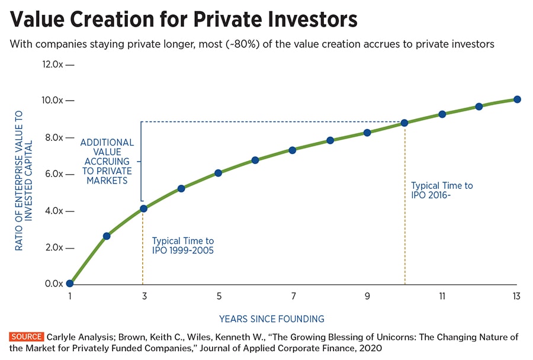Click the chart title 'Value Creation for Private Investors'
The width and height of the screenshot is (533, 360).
point(184,20)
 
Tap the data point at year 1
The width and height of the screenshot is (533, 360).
point(69,284)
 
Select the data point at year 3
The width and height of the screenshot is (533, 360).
point(143,208)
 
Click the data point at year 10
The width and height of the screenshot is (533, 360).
point(404,123)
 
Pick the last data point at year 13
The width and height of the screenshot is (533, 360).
point(517,99)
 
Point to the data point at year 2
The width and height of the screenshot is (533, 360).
point(107,236)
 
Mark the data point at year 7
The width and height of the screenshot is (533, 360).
point(293,150)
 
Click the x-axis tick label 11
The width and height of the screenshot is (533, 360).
point(442,296)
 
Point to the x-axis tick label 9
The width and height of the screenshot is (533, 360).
point(367,296)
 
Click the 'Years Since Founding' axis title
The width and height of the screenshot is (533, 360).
point(272,319)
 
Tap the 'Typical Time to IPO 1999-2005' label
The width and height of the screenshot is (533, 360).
point(183,246)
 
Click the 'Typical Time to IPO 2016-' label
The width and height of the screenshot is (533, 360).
point(442,191)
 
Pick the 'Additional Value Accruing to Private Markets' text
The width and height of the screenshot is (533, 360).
point(107,162)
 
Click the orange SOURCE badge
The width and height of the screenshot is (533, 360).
point(27,337)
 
